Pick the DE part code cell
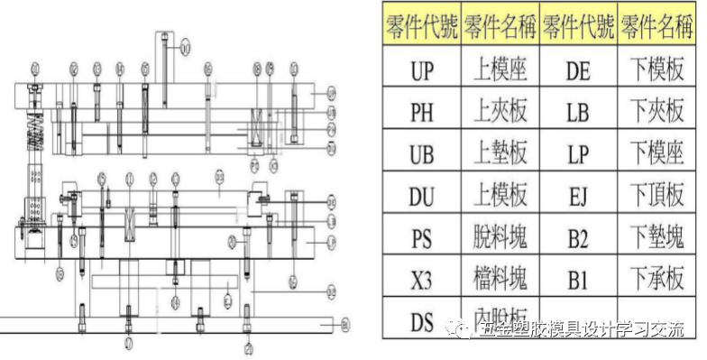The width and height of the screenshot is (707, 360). (578, 69)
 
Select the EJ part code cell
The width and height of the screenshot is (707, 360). (578, 196)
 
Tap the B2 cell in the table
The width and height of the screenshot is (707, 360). (578, 238)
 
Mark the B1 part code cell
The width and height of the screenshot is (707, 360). (578, 281)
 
